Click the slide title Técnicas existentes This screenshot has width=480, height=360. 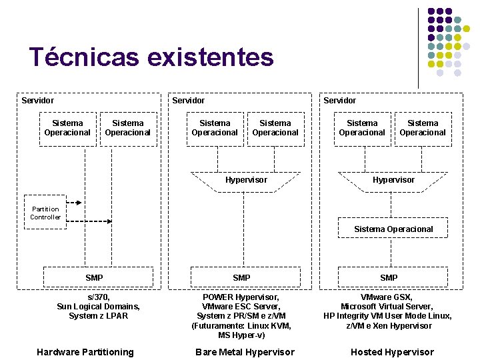click(x=151, y=57)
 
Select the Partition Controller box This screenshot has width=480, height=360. click(x=45, y=213)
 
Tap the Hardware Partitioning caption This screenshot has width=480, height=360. click(x=85, y=352)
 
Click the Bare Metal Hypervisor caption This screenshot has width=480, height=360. click(x=245, y=352)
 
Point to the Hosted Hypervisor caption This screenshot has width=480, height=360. click(x=392, y=352)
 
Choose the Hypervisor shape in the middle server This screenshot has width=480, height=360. click(x=245, y=180)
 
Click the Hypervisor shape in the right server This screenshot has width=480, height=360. click(x=393, y=180)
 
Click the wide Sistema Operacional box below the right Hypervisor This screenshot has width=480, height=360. click(x=393, y=229)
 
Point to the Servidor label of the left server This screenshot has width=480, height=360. click(x=37, y=101)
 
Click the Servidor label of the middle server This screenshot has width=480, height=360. click(x=189, y=101)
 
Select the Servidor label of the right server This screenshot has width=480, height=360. click(x=340, y=101)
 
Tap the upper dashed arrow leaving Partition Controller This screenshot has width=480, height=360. click(x=75, y=202)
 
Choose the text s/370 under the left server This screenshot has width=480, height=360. click(x=99, y=297)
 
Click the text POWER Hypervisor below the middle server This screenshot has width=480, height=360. click(x=241, y=297)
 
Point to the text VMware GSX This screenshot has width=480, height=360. click(x=387, y=297)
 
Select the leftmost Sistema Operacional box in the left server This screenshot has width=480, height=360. click(x=67, y=128)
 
